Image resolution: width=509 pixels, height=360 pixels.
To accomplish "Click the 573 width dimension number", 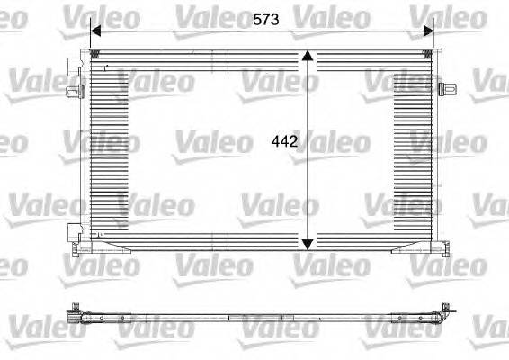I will pos(264,18).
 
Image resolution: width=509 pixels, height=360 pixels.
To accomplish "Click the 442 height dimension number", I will pos(284,141).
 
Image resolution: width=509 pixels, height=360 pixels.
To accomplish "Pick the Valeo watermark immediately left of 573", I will pos(207,15).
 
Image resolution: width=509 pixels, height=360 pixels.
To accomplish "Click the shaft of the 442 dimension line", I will pos(308,180).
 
